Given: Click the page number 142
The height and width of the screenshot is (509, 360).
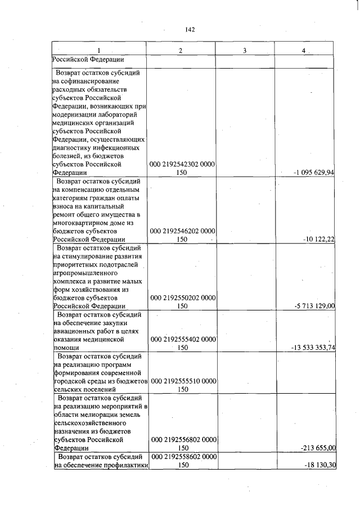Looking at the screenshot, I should point(189,30).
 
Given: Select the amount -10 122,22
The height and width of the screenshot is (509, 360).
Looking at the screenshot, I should point(318,239).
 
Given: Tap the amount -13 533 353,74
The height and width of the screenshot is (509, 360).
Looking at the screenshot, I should point(313,347).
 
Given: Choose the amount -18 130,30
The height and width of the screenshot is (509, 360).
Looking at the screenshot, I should point(319,465).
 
